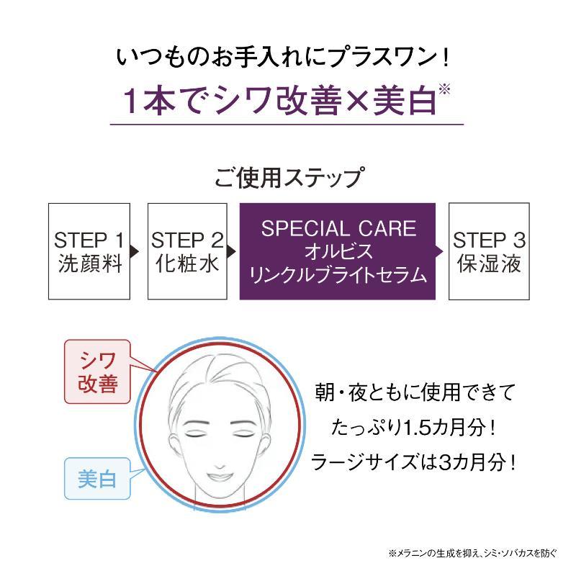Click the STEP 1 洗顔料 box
pos(89,251)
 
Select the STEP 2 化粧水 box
pos(187,251)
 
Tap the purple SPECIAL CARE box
pos(338,251)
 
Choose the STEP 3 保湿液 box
pos(489,251)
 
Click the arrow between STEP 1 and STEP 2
pos(135,251)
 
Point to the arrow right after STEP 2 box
pos(231,251)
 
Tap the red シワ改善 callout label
pos(97,372)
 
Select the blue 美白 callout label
pos(97,479)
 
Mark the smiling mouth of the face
pos(220,477)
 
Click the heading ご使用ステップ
pos(289,178)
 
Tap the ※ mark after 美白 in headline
pos(444,89)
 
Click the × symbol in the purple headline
pos(357,100)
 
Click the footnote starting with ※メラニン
pos(472,553)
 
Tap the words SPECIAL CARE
pos(338,228)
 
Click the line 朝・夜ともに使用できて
pos(415,392)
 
